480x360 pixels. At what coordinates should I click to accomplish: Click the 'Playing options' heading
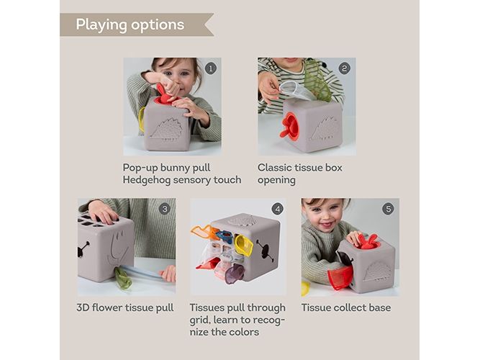(x=130, y=24)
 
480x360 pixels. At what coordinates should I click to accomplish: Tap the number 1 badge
(x=210, y=68)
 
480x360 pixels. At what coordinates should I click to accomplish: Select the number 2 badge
(x=345, y=68)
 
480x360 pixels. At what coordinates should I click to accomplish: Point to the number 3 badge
(x=165, y=209)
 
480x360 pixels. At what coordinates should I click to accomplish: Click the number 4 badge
(x=277, y=209)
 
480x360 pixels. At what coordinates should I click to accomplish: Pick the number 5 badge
(x=388, y=209)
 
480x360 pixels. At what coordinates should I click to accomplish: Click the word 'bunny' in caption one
(x=176, y=168)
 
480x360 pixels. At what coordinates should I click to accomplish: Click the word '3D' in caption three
(x=83, y=307)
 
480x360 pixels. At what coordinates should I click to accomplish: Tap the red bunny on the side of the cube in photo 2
(x=289, y=126)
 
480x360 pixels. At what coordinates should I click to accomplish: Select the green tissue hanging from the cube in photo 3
(x=123, y=278)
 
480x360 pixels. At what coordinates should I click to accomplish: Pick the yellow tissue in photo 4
(x=244, y=245)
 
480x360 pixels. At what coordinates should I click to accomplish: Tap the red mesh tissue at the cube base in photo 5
(x=340, y=278)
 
